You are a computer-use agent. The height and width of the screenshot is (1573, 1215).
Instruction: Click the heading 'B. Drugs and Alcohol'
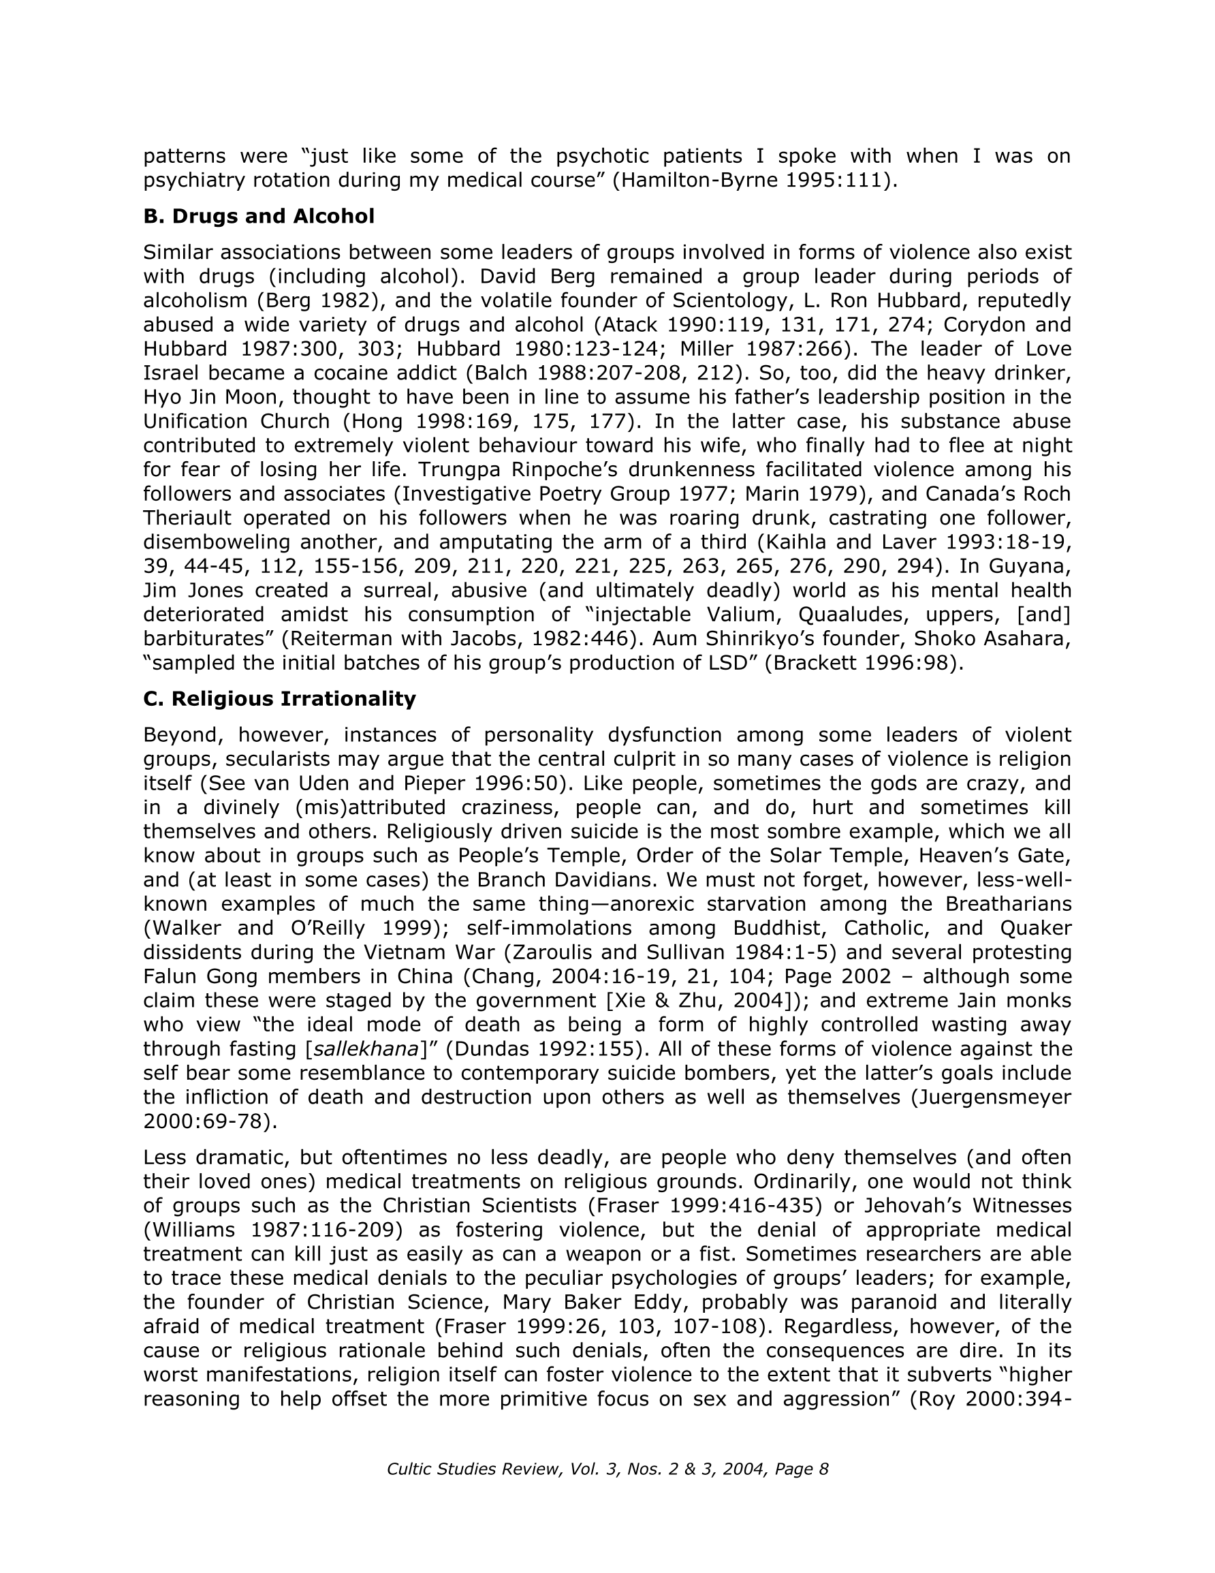pos(259,216)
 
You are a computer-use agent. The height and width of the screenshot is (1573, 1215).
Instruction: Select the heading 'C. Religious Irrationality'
pos(279,699)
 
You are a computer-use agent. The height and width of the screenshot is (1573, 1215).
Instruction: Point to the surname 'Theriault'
pos(187,518)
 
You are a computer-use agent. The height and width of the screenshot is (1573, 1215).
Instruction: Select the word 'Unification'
pos(202,421)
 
